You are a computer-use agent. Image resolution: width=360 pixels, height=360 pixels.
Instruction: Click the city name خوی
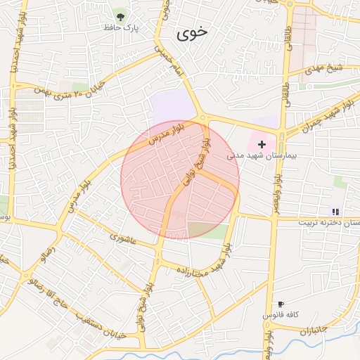pyautogui.click(x=193, y=32)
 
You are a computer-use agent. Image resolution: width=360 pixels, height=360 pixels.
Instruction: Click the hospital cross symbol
pyautogui.click(x=262, y=143)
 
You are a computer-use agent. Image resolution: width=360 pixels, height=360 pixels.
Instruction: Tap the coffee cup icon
pyautogui.click(x=281, y=304)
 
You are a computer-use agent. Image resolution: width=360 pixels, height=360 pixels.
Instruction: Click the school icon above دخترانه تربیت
pyautogui.click(x=335, y=211)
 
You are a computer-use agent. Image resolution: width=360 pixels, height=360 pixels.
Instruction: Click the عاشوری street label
pyautogui.click(x=126, y=238)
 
